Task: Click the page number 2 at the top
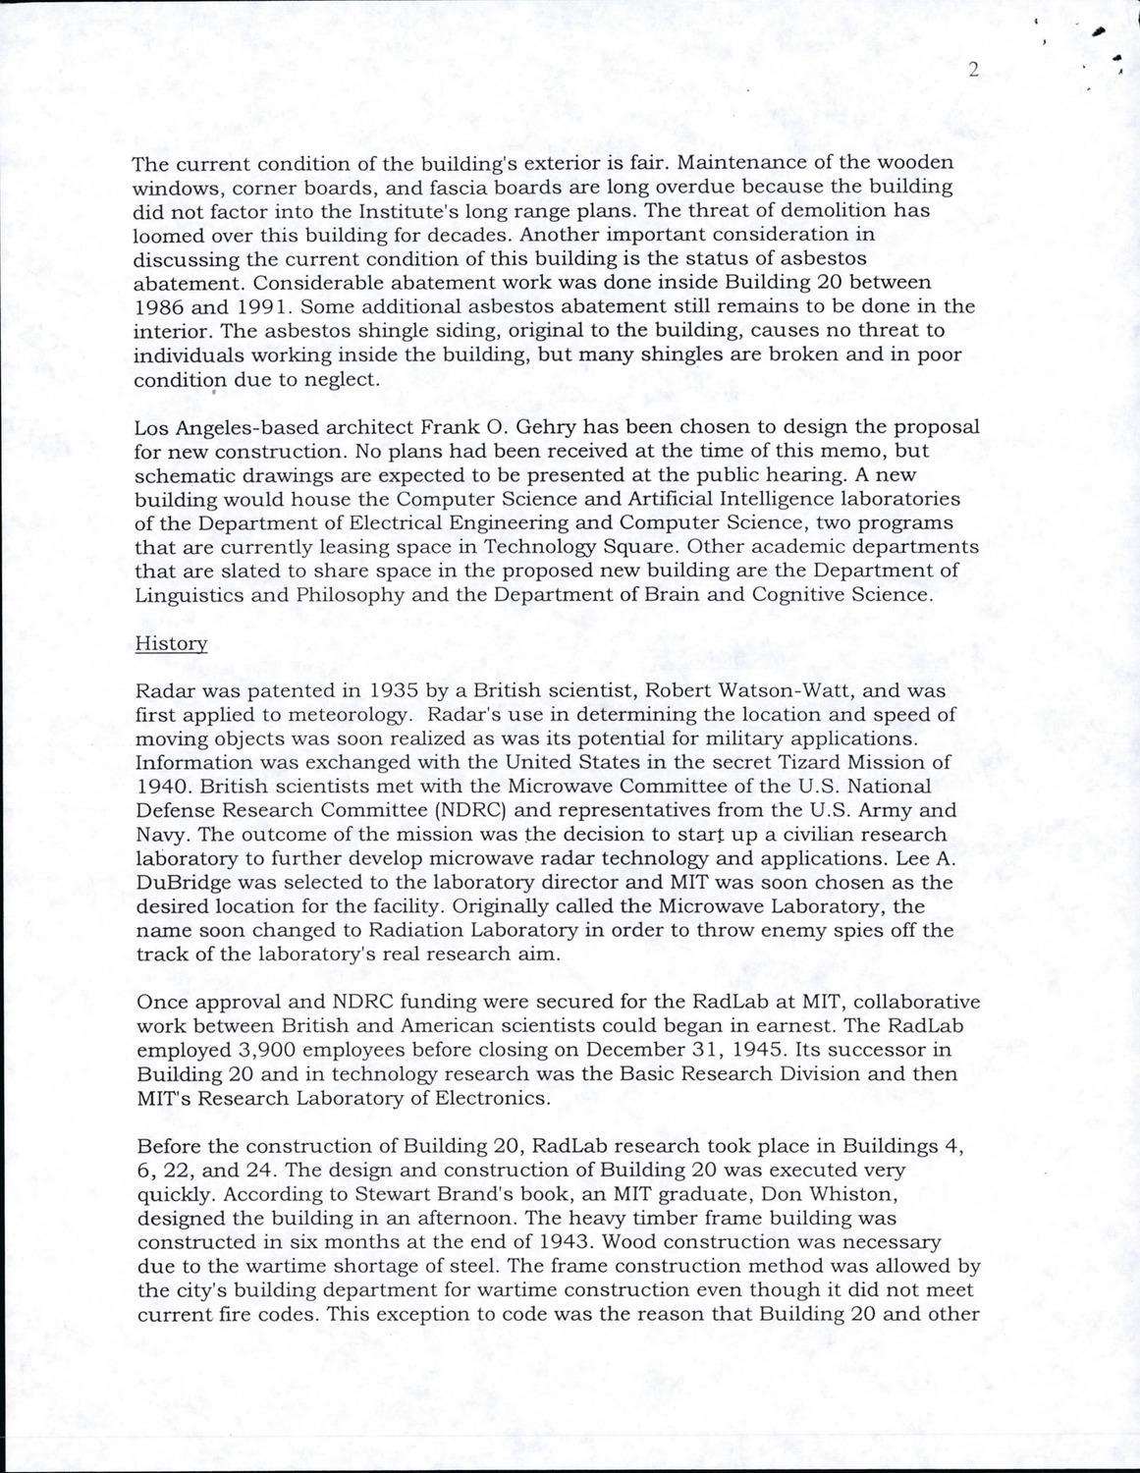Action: [973, 69]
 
